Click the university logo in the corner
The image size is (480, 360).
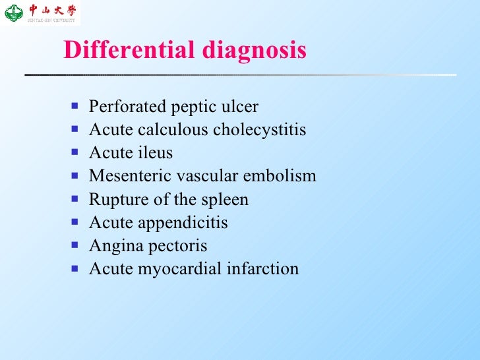pyautogui.click(x=41, y=13)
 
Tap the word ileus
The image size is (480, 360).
pyautogui.click(x=157, y=153)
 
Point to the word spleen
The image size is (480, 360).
pyautogui.click(x=225, y=200)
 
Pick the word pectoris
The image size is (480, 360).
pyautogui.click(x=179, y=246)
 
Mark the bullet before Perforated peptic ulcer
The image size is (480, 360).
pyautogui.click(x=76, y=106)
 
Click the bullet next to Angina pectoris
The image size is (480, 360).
pyautogui.click(x=76, y=245)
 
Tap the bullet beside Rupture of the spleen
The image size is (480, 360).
pyautogui.click(x=76, y=199)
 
